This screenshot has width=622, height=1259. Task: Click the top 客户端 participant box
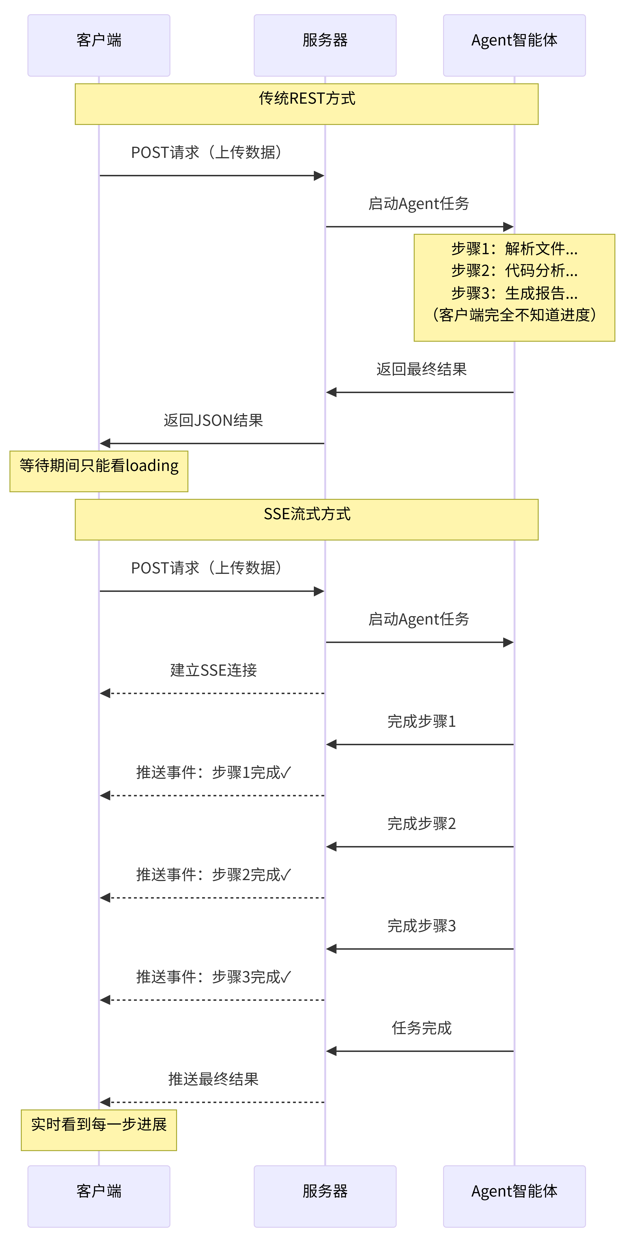(x=99, y=45)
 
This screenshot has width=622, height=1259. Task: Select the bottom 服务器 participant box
(x=325, y=1196)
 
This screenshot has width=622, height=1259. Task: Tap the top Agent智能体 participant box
(x=514, y=45)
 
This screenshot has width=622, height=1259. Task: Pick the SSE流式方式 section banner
(x=306, y=519)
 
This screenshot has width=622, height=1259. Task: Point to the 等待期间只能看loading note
(x=99, y=471)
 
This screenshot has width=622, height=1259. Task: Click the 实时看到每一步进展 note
(x=99, y=1130)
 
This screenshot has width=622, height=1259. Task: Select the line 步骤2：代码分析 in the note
(x=514, y=270)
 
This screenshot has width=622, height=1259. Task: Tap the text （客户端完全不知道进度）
(x=514, y=315)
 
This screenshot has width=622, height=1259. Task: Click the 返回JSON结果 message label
(x=213, y=420)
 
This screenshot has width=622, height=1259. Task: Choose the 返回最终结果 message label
(x=421, y=369)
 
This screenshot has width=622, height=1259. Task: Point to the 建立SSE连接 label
(x=213, y=670)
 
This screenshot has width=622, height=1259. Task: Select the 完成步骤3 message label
(x=421, y=926)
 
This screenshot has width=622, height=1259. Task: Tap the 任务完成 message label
(x=421, y=1028)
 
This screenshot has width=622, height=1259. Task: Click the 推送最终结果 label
(x=213, y=1079)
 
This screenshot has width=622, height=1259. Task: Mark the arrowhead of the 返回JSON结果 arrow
(x=105, y=443)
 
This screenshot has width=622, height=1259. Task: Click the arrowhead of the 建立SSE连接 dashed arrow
(x=105, y=693)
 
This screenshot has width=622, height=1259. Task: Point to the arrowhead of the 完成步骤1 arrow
(x=331, y=744)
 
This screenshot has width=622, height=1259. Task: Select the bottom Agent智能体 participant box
(x=514, y=1196)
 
